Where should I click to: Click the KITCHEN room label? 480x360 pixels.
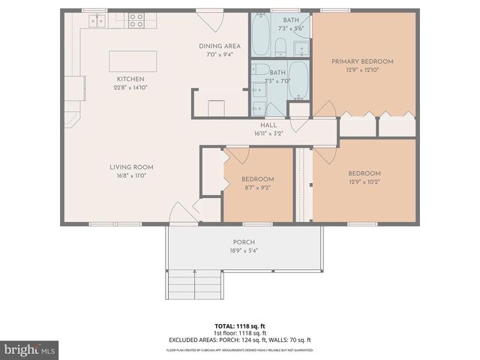[x=130, y=79]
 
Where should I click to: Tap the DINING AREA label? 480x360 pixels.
[x=220, y=46]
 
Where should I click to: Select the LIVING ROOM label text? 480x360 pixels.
[x=131, y=167]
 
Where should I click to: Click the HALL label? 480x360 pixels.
[x=268, y=125]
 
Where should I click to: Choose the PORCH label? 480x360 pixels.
[x=244, y=241]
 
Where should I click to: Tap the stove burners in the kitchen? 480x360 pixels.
[x=136, y=20]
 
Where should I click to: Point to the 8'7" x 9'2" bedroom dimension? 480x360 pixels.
[x=257, y=188]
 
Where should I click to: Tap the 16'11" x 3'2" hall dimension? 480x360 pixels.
[x=268, y=134]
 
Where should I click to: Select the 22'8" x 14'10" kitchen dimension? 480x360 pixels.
[x=130, y=88]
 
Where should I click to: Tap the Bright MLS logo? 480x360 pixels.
[x=29, y=350]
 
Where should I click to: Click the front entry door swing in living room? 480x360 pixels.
[x=180, y=213]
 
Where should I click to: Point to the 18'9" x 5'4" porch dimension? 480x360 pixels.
[x=244, y=250]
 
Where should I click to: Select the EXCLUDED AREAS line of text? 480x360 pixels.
[x=239, y=340]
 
